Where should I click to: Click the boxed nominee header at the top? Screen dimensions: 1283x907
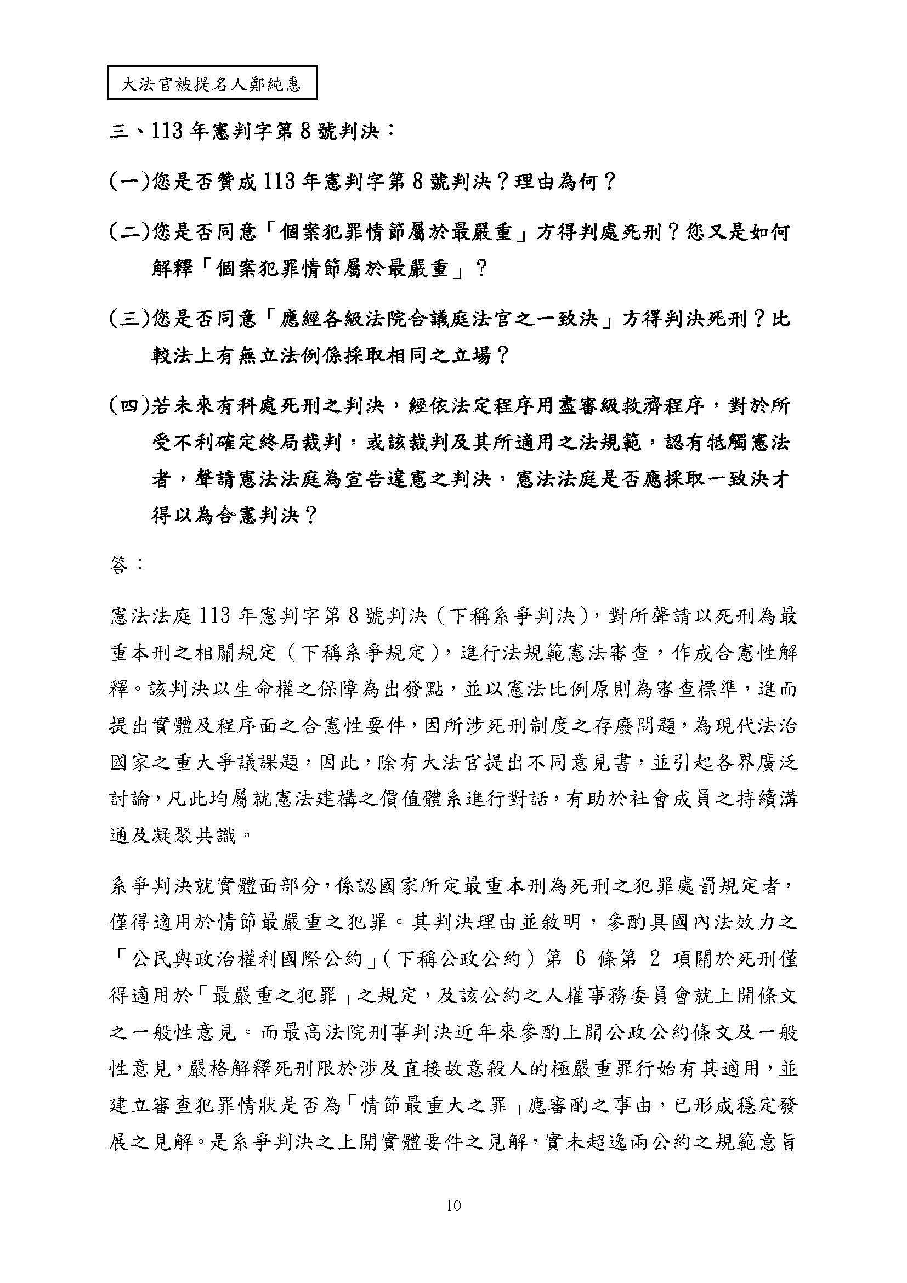pyautogui.click(x=212, y=83)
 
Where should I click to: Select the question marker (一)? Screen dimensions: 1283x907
pyautogui.click(x=129, y=182)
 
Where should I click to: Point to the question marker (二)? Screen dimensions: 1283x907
pyautogui.click(x=129, y=232)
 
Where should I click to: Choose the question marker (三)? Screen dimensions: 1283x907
pyautogui.click(x=129, y=319)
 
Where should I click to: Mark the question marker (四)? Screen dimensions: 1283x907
pyautogui.click(x=129, y=406)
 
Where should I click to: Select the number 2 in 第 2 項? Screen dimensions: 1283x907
pyautogui.click(x=655, y=959)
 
